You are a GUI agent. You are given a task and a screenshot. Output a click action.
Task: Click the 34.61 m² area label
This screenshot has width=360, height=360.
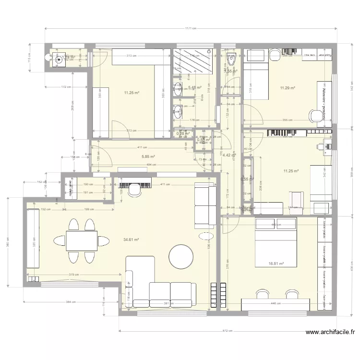(x=131, y=240)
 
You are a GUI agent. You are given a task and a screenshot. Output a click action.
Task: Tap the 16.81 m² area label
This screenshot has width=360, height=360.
(x=276, y=264)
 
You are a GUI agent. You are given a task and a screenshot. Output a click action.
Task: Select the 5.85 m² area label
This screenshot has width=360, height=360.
(x=148, y=156)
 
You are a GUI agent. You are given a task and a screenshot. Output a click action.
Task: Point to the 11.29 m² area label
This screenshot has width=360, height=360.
(x=287, y=88)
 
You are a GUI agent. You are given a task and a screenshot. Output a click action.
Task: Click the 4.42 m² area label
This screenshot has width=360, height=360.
(x=228, y=156)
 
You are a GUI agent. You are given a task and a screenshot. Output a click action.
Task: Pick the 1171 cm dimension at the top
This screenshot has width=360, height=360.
(x=191, y=28)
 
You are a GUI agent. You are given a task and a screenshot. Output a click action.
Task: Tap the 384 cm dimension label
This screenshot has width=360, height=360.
(x=71, y=302)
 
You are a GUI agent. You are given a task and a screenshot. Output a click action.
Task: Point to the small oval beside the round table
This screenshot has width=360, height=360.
(x=206, y=237)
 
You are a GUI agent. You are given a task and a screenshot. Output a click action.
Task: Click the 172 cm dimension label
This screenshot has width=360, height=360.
(x=66, y=87)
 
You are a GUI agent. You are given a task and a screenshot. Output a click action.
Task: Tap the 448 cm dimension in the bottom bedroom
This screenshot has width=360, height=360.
(x=276, y=303)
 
